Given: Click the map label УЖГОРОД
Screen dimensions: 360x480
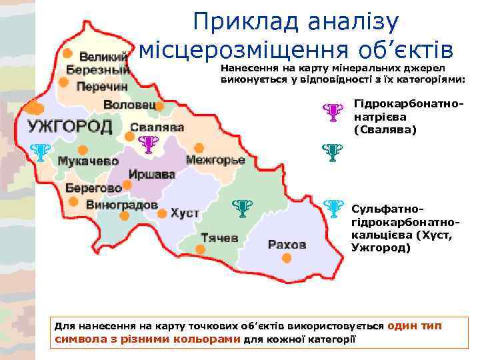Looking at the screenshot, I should pyautogui.click(x=69, y=127).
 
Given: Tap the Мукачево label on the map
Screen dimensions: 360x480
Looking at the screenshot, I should pyautogui.click(x=88, y=161).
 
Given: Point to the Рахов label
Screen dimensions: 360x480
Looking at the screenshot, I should pyautogui.click(x=287, y=244).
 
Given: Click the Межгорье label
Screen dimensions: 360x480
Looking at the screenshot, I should pyautogui.click(x=215, y=161).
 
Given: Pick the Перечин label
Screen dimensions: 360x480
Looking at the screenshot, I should pyautogui.click(x=101, y=87).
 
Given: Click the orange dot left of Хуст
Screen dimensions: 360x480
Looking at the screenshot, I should pyautogui.click(x=162, y=213).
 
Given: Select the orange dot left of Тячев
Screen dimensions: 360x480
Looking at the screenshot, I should pyautogui.click(x=200, y=249).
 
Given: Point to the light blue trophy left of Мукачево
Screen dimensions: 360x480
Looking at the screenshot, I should pyautogui.click(x=41, y=154).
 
